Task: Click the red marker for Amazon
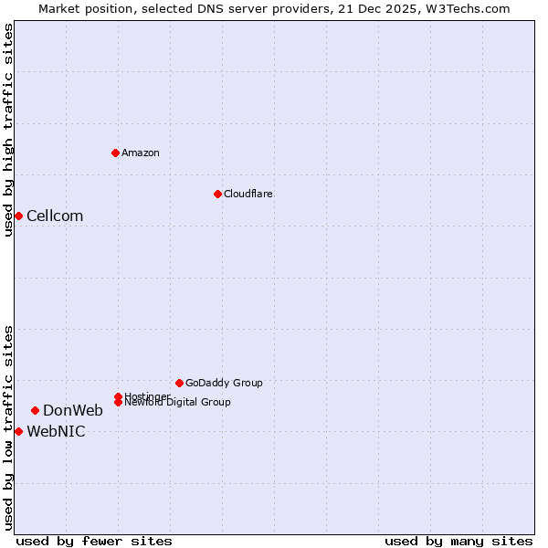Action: (115, 153)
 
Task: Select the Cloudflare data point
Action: (217, 194)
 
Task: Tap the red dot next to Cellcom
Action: (18, 216)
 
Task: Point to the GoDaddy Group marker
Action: (179, 383)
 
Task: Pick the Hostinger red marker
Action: (118, 396)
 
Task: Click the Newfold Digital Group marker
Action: (119, 403)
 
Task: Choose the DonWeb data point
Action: (35, 410)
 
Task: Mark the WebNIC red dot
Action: (18, 431)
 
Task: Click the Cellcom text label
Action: (55, 216)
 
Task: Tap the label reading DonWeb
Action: (73, 411)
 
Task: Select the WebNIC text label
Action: (56, 432)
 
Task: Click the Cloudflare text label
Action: (248, 195)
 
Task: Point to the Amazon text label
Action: (140, 153)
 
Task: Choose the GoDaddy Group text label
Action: (224, 384)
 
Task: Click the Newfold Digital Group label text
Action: (179, 403)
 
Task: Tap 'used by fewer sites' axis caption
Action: (94, 541)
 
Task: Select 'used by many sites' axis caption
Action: (458, 541)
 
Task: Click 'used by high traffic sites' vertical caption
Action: (8, 130)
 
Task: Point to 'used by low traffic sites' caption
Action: (8, 427)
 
